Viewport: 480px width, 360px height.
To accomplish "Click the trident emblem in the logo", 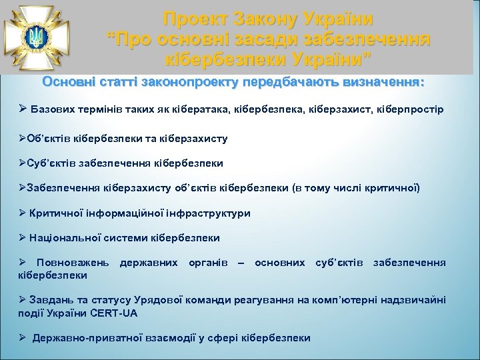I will (34, 36).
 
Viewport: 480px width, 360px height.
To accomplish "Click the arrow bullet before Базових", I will (23, 109).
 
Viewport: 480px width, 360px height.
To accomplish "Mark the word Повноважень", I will (74, 263).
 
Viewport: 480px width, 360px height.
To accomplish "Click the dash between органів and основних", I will (241, 263).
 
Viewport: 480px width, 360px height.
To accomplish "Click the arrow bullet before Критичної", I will (23, 213).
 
